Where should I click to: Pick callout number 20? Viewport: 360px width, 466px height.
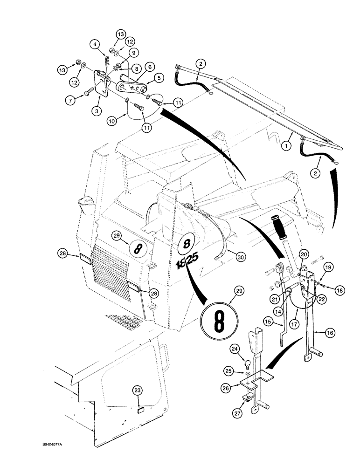click(304, 254)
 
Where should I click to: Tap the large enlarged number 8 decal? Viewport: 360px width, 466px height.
click(219, 320)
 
